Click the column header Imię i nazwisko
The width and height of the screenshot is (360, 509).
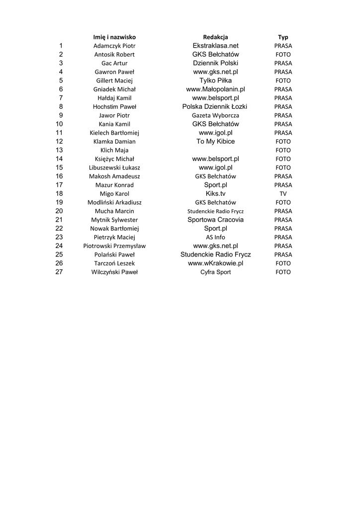pos(114,37)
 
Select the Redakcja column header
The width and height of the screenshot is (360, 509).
pos(215,37)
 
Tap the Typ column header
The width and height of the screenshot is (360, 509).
pos(283,37)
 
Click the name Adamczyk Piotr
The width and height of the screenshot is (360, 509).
pos(114,46)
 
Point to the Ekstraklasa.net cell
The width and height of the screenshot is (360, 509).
pos(215,46)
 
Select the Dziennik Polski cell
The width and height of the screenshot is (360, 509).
pos(215,63)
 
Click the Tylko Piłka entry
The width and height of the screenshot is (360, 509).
pos(215,81)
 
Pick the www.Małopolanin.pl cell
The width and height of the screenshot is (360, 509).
pos(215,89)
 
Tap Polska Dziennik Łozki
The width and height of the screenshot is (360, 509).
pos(215,107)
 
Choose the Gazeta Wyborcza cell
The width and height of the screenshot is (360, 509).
pos(215,115)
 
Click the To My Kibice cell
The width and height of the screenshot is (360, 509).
pos(215,142)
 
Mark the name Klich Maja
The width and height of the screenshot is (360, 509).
pos(114,150)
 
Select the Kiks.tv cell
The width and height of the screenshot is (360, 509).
pos(215,193)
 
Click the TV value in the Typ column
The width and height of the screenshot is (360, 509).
pos(283,194)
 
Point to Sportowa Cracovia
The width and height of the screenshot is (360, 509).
pos(215,220)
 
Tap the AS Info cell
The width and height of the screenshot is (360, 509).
pos(215,237)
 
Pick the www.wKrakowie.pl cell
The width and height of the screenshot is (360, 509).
pos(215,263)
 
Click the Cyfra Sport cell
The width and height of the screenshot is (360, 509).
pos(215,272)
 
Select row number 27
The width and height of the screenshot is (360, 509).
pos(59,272)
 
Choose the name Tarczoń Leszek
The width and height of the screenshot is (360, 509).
pos(114,263)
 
